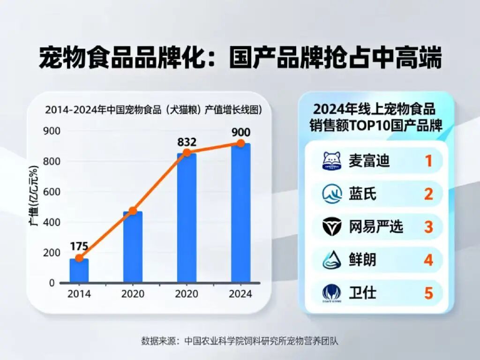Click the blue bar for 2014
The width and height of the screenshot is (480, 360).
pyautogui.click(x=79, y=270)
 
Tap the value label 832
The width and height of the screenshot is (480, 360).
pyautogui.click(x=187, y=142)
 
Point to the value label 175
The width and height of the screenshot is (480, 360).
pyautogui.click(x=80, y=247)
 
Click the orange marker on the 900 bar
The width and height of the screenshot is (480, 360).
pyautogui.click(x=240, y=143)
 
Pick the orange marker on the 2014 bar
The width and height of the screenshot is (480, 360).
pyautogui.click(x=79, y=258)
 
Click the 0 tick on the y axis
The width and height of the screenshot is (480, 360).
pyautogui.click(x=52, y=283)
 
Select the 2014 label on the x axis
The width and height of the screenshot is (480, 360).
pyautogui.click(x=79, y=294)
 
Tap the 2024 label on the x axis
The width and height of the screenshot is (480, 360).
pyautogui.click(x=240, y=294)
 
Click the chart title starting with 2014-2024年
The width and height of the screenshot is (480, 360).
pyautogui.click(x=153, y=110)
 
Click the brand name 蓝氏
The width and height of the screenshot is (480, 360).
pyautogui.click(x=363, y=194)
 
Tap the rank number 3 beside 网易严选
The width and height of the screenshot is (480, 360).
pyautogui.click(x=428, y=227)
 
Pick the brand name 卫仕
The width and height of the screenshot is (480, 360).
pyautogui.click(x=363, y=293)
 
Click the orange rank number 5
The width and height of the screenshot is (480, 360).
pyautogui.click(x=428, y=293)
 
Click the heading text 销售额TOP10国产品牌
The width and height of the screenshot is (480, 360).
pyautogui.click(x=376, y=126)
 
